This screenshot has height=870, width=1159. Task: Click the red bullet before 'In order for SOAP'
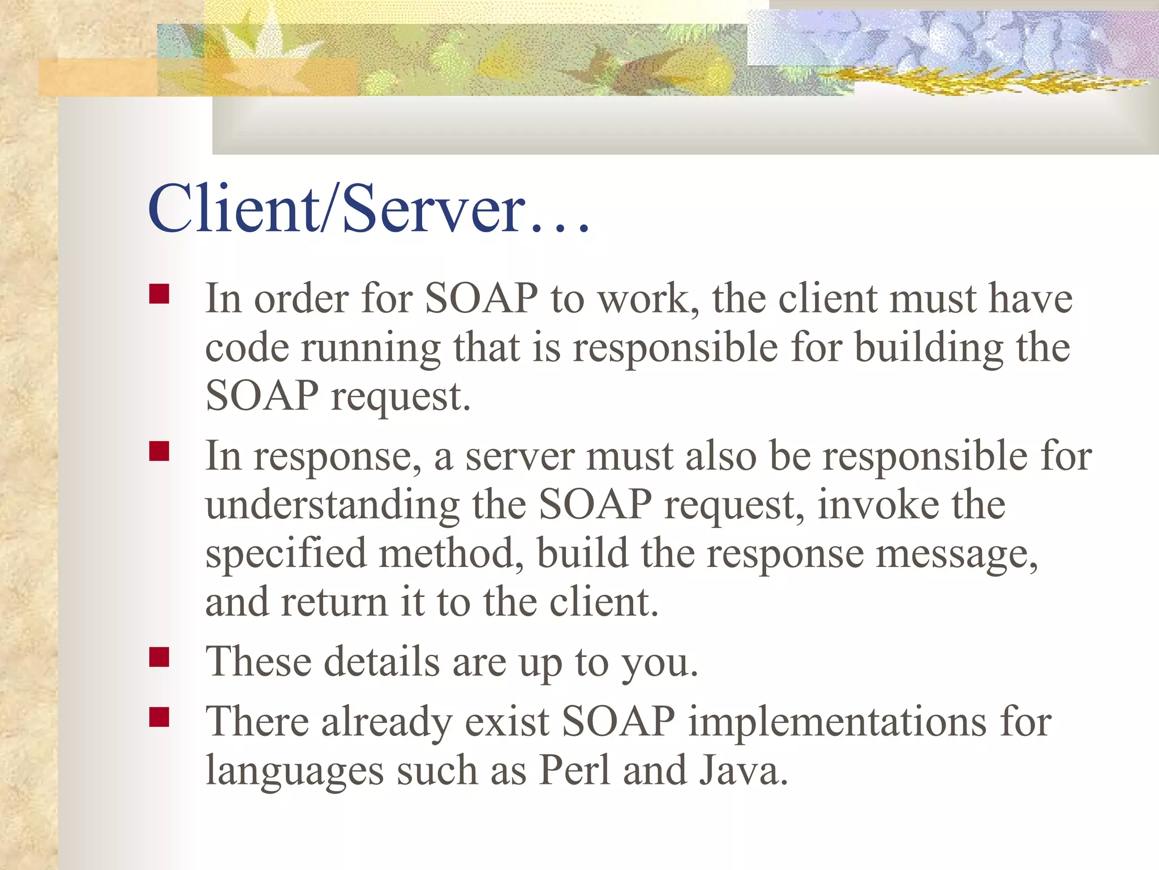click(160, 295)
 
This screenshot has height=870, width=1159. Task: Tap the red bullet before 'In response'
click(160, 452)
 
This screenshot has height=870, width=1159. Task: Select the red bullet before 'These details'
click(160, 658)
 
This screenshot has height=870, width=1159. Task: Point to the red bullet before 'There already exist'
click(160, 717)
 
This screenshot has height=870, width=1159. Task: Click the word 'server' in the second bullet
click(519, 457)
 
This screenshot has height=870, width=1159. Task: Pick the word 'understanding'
click(332, 506)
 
